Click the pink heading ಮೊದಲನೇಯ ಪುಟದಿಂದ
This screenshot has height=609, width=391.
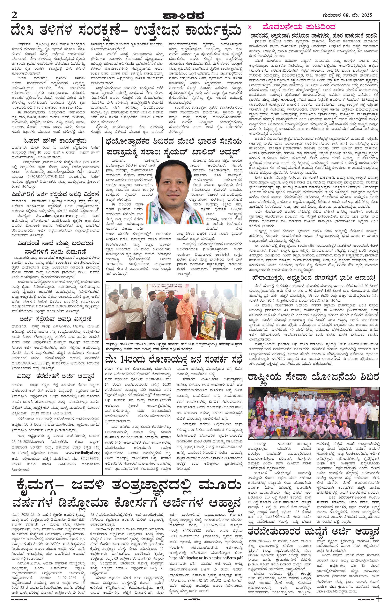[x=300, y=26]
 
